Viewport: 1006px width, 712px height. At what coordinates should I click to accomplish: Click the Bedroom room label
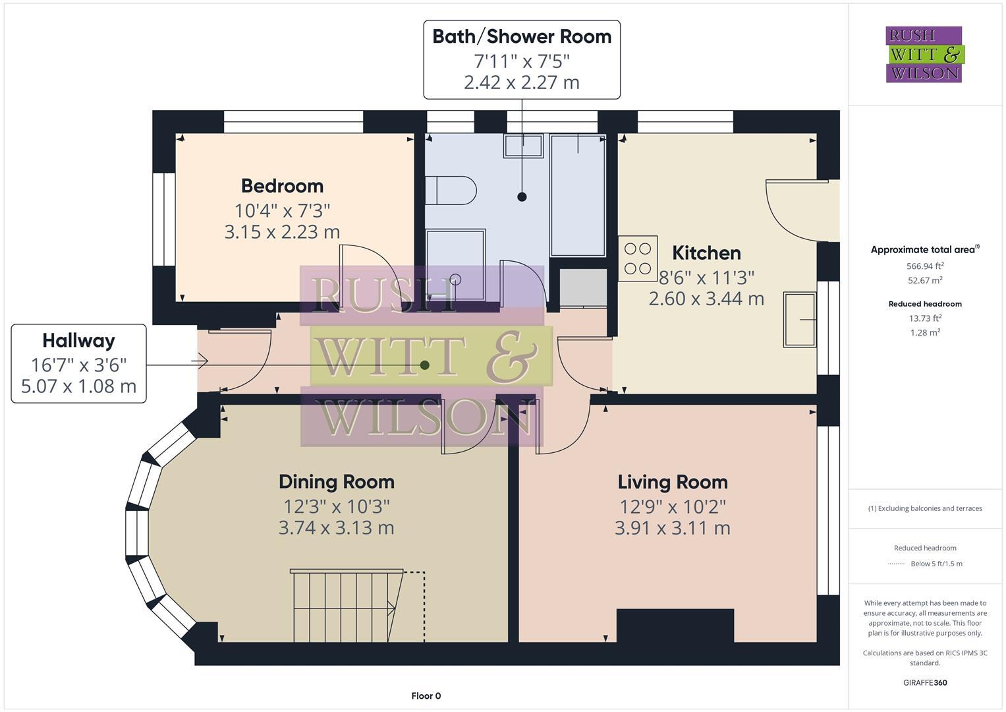(282, 186)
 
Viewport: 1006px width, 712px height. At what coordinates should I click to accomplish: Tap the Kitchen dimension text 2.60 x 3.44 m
(706, 299)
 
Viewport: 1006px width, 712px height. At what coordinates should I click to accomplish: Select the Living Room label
(673, 482)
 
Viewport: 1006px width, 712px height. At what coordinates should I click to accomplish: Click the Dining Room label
(337, 482)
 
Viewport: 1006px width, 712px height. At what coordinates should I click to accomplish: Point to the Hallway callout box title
(78, 341)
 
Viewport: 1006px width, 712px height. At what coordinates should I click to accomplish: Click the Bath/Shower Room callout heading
(522, 36)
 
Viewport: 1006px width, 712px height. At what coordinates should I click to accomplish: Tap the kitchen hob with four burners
(638, 258)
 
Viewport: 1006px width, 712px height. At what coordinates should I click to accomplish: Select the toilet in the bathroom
(451, 191)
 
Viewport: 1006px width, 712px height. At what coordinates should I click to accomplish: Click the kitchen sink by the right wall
(799, 320)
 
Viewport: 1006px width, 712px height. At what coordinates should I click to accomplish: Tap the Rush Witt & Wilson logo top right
(924, 54)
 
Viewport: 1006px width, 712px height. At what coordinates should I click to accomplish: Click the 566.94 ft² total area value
(925, 266)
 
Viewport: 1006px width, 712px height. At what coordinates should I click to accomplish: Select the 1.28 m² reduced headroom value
(925, 332)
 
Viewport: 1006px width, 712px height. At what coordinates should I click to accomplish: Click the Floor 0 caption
(426, 696)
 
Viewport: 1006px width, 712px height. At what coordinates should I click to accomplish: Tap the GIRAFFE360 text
(924, 682)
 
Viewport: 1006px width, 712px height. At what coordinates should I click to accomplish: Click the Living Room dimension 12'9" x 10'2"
(673, 506)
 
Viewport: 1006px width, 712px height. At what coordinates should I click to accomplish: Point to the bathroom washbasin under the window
(524, 146)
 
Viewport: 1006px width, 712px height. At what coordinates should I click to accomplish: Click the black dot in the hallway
(425, 365)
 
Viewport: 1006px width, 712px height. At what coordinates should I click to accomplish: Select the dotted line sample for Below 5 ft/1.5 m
(897, 564)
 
